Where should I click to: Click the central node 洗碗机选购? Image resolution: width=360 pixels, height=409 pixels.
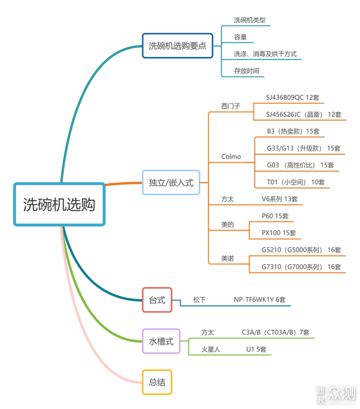click(x=59, y=204)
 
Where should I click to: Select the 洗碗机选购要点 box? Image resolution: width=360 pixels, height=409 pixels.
click(x=177, y=46)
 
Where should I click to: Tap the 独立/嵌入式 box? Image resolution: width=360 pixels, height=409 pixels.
click(x=171, y=183)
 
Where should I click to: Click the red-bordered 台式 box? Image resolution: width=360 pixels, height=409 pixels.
click(x=157, y=300)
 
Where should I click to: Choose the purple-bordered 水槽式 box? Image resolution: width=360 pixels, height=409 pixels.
click(x=161, y=341)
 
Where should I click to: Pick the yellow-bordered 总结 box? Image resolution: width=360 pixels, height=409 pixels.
click(x=157, y=382)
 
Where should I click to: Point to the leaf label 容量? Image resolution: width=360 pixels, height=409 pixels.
click(x=240, y=37)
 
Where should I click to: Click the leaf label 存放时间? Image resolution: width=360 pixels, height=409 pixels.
click(x=247, y=71)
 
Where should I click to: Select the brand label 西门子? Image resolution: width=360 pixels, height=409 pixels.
click(x=231, y=106)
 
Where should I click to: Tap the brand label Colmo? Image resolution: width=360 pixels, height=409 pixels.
click(x=231, y=156)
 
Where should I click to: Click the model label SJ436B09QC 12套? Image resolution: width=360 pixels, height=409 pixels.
click(x=293, y=98)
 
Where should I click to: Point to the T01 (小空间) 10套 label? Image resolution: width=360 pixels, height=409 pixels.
click(x=296, y=182)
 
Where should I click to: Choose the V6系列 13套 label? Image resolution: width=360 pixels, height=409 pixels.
click(x=279, y=199)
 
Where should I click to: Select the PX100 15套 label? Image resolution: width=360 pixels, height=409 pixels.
click(x=279, y=233)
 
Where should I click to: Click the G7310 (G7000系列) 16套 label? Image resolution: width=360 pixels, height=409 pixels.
click(x=301, y=267)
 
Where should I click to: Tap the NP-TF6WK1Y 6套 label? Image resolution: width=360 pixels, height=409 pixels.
click(x=260, y=300)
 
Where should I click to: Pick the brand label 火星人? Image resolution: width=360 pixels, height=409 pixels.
click(x=211, y=349)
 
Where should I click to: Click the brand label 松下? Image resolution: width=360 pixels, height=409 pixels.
click(x=200, y=300)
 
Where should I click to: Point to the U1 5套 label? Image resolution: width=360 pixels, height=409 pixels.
click(x=256, y=349)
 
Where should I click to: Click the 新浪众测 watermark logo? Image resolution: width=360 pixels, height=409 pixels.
click(x=336, y=394)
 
